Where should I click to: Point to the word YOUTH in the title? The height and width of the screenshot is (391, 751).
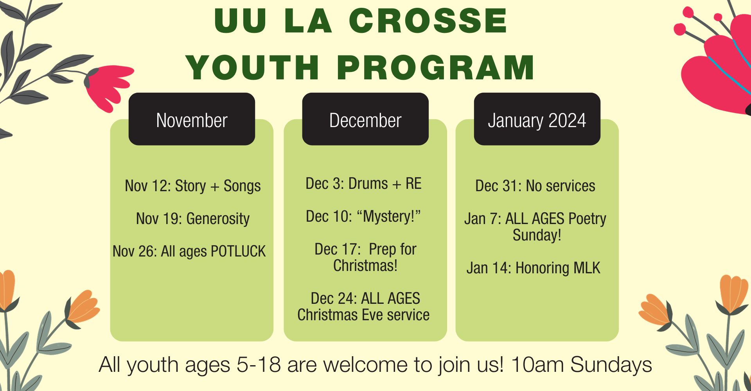pyautogui.click(x=252, y=67)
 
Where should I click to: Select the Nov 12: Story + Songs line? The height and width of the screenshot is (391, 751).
pyautogui.click(x=193, y=186)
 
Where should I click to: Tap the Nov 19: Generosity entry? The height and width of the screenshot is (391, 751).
pyautogui.click(x=193, y=219)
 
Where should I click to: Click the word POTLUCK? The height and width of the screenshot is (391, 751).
pyautogui.click(x=238, y=251)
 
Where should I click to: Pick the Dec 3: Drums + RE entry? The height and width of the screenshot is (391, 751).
pyautogui.click(x=363, y=183)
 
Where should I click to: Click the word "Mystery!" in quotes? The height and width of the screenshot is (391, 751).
pyautogui.click(x=389, y=216)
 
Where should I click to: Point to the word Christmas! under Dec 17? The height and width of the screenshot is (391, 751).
pyautogui.click(x=365, y=265)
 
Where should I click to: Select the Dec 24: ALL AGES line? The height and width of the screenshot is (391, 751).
pyautogui.click(x=365, y=298)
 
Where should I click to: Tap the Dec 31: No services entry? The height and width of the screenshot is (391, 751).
pyautogui.click(x=535, y=186)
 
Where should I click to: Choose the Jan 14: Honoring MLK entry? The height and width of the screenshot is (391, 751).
pyautogui.click(x=533, y=268)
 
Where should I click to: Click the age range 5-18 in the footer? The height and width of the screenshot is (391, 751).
pyautogui.click(x=259, y=364)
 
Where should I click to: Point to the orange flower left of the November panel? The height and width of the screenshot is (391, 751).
pyautogui.click(x=83, y=307)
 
